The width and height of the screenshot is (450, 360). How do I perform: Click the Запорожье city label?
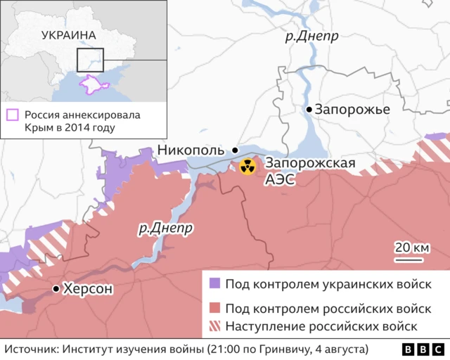point(352,110)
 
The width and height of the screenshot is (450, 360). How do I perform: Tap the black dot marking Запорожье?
point(309,110)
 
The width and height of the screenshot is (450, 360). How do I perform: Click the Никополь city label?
point(191,150)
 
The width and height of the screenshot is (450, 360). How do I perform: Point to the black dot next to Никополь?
point(235,150)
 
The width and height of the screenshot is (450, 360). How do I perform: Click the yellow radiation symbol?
point(247,167)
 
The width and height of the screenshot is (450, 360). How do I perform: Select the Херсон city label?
point(88,288)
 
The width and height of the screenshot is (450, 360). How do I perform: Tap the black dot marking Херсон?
point(56,289)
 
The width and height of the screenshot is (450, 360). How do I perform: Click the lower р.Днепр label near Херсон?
point(166,228)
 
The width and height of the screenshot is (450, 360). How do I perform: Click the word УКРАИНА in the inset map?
point(69,34)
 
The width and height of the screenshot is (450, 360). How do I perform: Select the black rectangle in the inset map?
point(90,60)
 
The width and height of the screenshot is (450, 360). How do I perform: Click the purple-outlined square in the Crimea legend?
point(12,115)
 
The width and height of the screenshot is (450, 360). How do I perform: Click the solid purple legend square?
point(215,283)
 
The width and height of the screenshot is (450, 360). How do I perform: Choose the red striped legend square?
point(215,326)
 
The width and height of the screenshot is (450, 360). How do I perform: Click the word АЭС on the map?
point(279,180)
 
